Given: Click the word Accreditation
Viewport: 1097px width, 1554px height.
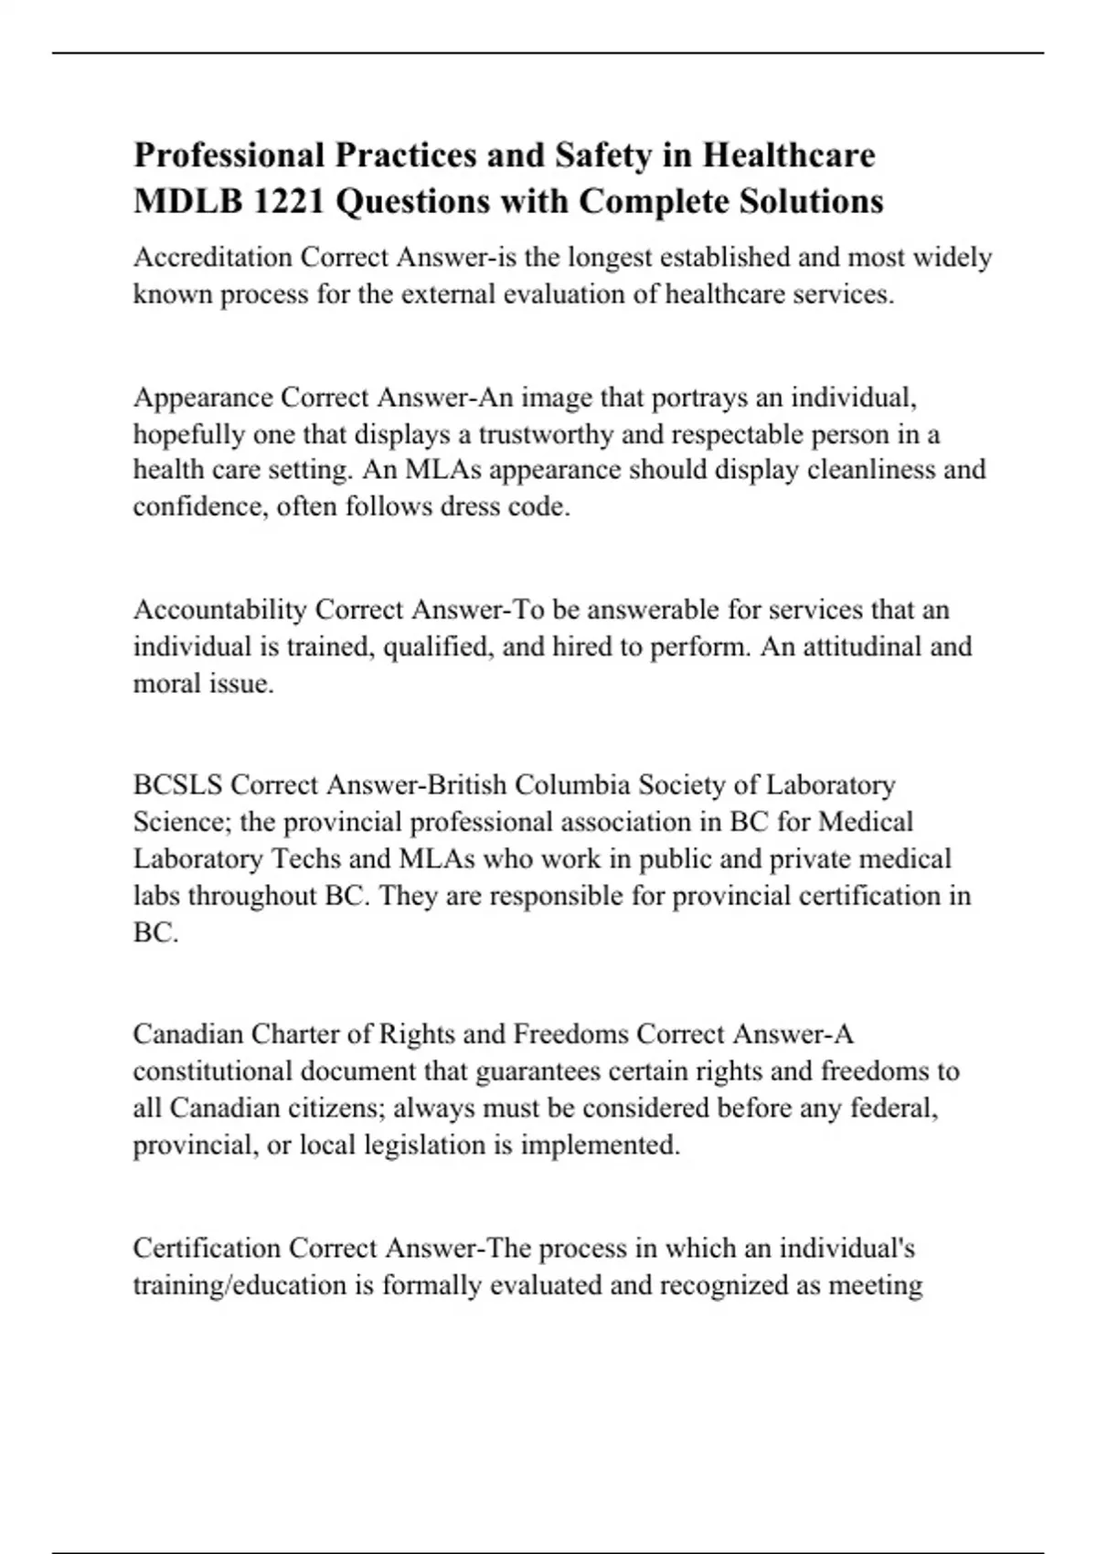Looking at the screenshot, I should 213,257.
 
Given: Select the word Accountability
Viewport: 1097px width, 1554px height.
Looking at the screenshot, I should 219,610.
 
